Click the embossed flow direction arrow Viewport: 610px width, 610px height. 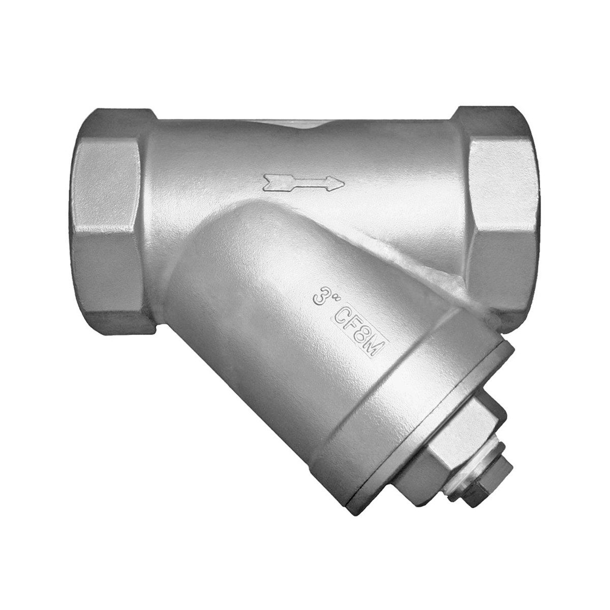click(303, 184)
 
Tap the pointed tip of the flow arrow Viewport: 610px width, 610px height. click(344, 184)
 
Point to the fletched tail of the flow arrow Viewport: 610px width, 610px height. click(275, 183)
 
